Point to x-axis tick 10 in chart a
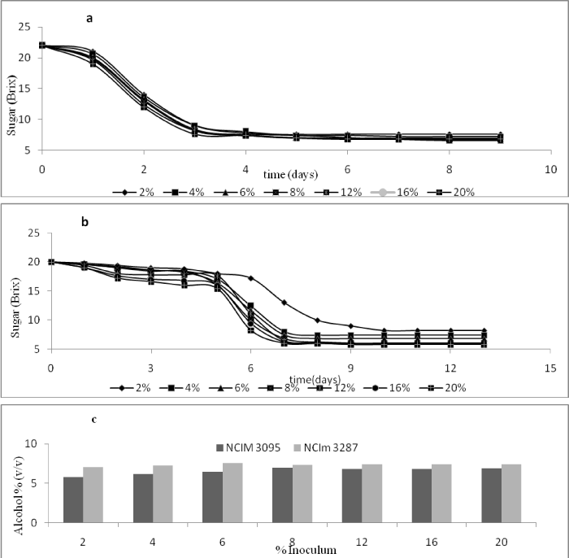[x=549, y=168]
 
